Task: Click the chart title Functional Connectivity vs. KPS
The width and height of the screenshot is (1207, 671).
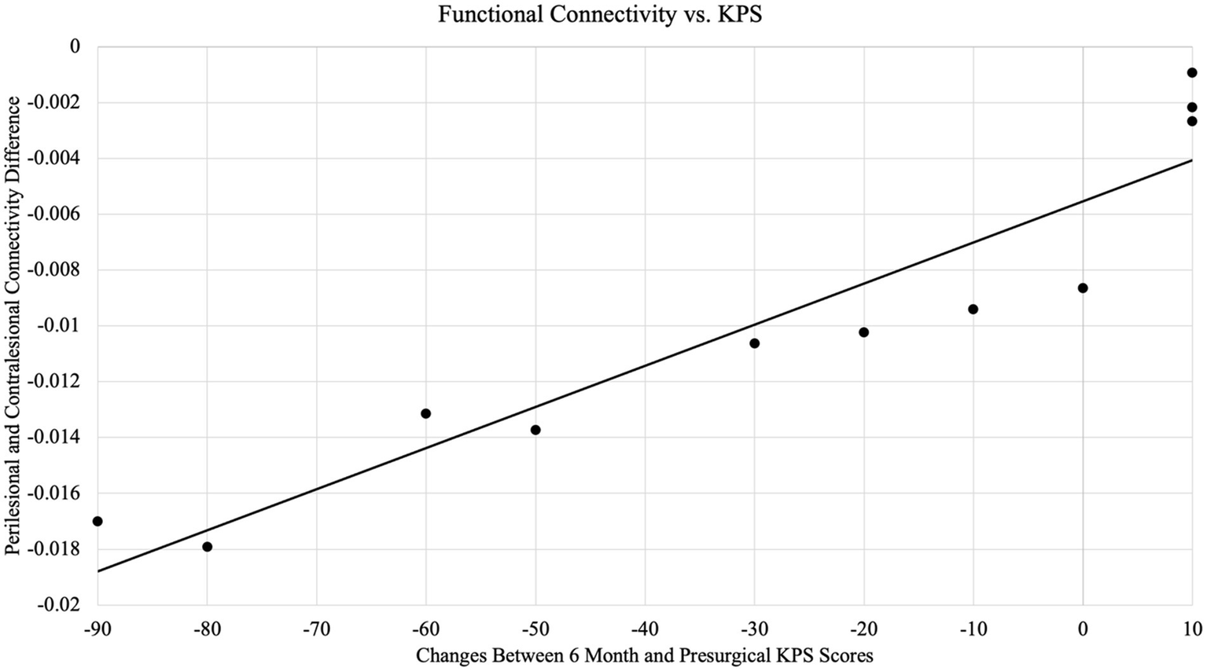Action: click(x=599, y=15)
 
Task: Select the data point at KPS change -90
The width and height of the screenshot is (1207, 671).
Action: click(x=98, y=521)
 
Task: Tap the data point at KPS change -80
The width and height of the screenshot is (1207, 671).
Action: click(x=207, y=547)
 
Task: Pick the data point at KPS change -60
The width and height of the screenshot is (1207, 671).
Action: click(x=425, y=413)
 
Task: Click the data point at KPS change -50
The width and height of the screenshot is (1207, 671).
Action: click(x=535, y=430)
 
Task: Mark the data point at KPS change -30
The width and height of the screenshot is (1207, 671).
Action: click(x=754, y=343)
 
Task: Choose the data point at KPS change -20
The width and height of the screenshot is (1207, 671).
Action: click(x=863, y=332)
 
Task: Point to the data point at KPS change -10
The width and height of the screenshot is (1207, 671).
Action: click(x=973, y=309)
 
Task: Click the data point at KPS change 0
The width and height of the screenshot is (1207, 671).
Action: click(x=1083, y=288)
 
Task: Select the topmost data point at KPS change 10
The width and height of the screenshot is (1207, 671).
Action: click(x=1191, y=73)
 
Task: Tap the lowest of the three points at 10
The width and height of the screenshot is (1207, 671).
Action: click(x=1191, y=121)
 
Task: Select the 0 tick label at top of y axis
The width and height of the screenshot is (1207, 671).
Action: click(x=75, y=46)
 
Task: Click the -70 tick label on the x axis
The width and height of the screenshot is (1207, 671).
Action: click(x=316, y=628)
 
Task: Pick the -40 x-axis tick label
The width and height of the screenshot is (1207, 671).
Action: click(x=645, y=628)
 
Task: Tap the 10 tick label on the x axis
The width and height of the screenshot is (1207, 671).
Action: click(x=1192, y=628)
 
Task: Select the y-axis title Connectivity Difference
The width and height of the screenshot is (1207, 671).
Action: click(x=13, y=325)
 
